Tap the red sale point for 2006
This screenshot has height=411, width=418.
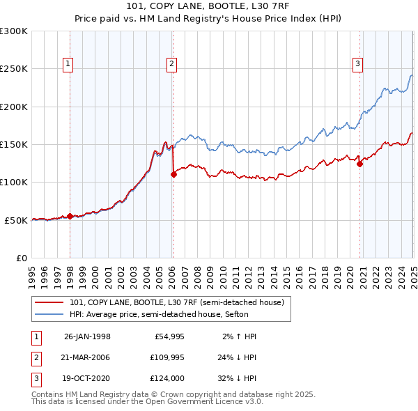(x=173, y=175)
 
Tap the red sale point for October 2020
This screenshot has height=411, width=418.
(x=360, y=164)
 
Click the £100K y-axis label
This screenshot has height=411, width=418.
(x=15, y=182)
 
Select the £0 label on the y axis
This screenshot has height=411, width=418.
(x=21, y=258)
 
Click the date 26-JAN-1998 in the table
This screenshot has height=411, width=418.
(x=87, y=336)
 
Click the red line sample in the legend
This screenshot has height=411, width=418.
(x=49, y=303)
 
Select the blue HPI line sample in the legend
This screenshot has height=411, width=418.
(x=49, y=315)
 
